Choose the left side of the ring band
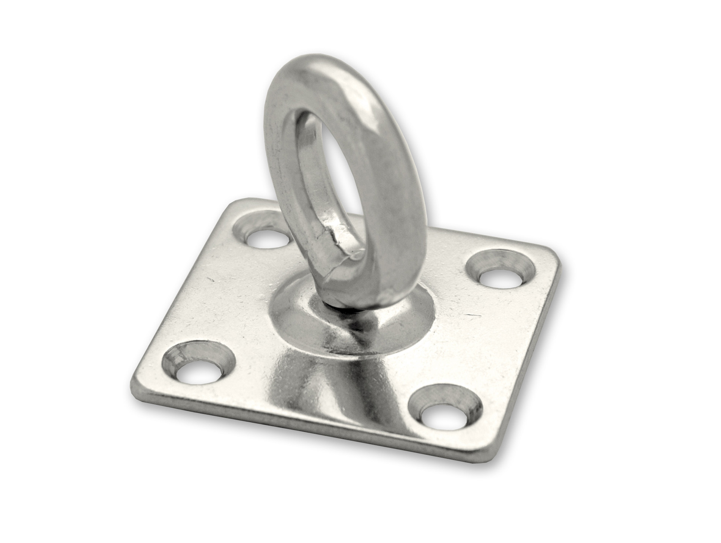(281, 152)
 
